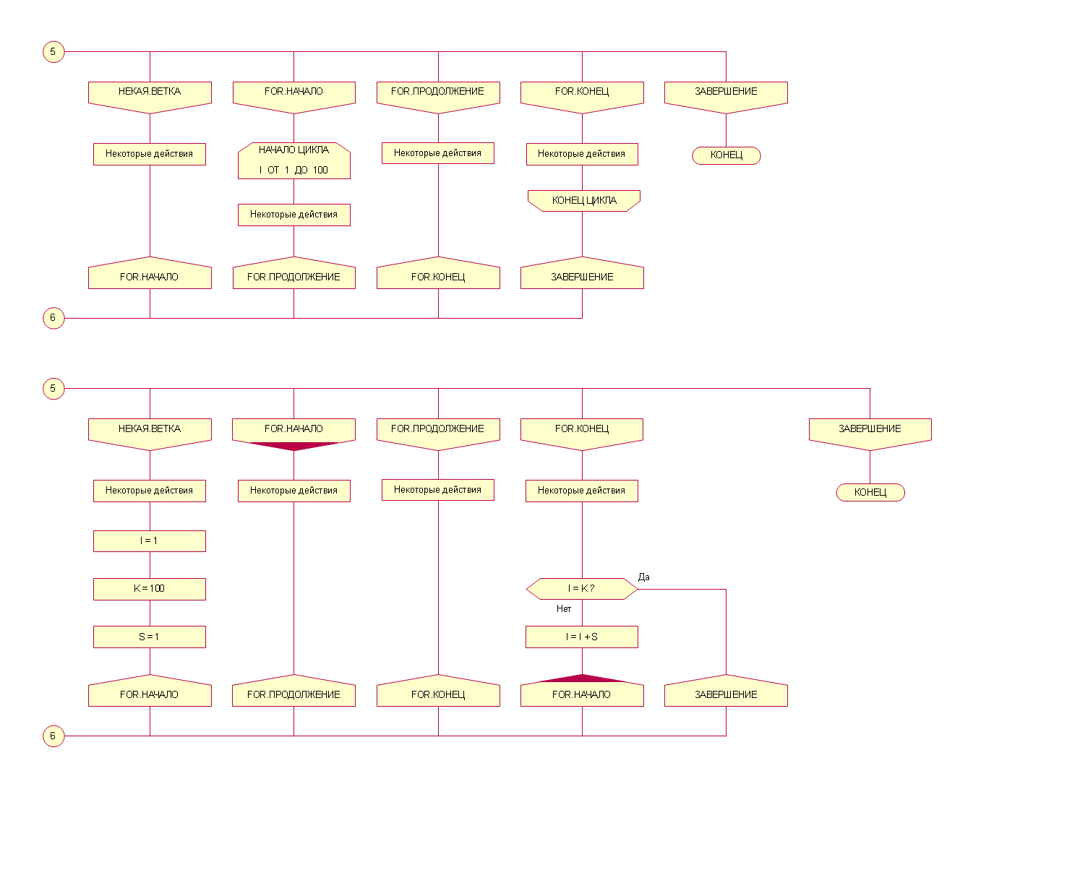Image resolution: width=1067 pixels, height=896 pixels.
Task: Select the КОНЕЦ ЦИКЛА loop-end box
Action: point(583,200)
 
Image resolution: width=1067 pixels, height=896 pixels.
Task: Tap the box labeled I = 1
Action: point(149,540)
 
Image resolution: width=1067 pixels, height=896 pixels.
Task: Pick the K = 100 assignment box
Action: point(149,588)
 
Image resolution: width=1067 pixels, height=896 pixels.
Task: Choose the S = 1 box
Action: point(149,637)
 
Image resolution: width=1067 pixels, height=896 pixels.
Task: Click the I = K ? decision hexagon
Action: point(581,588)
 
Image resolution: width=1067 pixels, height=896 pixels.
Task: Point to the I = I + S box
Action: point(581,637)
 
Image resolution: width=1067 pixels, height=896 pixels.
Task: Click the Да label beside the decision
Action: point(643,577)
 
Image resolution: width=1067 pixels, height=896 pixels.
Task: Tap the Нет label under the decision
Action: point(564,608)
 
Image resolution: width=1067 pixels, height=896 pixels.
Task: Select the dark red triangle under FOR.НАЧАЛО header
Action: point(293,445)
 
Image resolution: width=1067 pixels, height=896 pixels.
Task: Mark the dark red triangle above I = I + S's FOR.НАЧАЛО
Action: point(582,679)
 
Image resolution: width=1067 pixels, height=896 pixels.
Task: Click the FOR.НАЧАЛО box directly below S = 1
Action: point(150,694)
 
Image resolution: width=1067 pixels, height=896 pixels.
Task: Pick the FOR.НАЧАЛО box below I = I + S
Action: point(582,694)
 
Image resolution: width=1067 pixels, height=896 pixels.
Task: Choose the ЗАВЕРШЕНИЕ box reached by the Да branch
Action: point(726,694)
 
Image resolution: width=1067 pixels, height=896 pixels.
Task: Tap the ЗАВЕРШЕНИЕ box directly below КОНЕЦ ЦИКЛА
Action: point(582,277)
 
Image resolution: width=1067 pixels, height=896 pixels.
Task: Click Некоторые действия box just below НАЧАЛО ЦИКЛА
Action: point(293,215)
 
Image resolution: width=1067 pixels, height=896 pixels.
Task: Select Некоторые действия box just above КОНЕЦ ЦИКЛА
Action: point(581,154)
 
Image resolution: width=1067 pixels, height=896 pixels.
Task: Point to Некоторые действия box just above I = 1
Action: point(149,491)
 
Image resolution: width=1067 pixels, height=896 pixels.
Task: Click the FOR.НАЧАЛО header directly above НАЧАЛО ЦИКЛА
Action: point(293,92)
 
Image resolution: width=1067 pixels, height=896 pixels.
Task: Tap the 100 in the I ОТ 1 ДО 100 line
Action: point(320,170)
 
